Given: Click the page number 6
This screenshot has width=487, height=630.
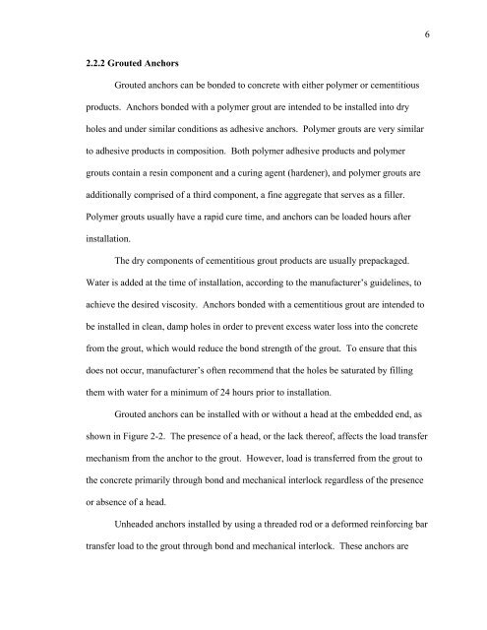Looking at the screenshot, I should point(431,31).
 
